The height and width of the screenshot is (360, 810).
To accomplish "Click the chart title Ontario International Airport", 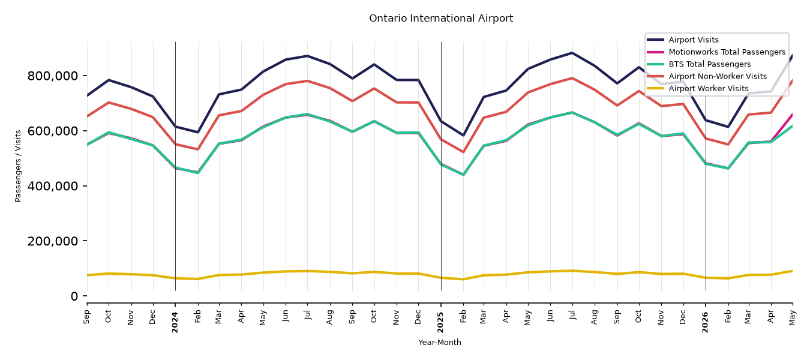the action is click(441, 18).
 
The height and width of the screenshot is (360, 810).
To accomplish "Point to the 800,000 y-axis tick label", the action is click(52, 76).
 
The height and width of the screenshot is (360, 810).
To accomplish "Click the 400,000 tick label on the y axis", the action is click(52, 186).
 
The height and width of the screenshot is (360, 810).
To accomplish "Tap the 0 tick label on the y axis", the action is click(74, 296).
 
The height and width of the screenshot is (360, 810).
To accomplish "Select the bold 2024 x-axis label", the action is click(175, 322).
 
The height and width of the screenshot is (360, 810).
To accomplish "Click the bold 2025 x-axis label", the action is click(440, 322).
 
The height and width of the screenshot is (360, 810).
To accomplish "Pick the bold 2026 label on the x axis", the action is click(706, 322).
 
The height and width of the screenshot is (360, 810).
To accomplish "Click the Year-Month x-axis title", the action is click(440, 342).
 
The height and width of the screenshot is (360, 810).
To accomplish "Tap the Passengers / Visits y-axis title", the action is click(18, 166).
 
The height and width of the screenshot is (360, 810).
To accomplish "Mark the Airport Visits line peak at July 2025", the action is click(572, 53).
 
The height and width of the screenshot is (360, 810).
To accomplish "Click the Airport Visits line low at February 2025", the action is click(463, 136).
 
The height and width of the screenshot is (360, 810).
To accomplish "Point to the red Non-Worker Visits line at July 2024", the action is click(307, 80).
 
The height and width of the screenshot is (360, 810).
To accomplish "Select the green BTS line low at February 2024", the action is click(197, 173).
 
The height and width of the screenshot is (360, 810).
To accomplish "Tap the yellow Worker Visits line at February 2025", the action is click(463, 279).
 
